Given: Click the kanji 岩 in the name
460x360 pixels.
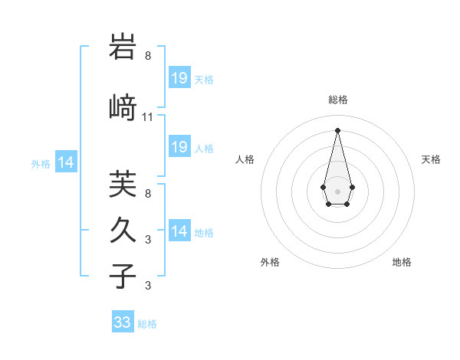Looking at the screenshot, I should tap(123, 47).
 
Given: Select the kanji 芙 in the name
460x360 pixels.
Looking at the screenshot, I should tap(123, 185).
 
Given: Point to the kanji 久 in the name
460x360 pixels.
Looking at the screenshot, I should tap(123, 230).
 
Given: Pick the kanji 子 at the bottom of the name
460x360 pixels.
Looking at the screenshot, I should tap(123, 276).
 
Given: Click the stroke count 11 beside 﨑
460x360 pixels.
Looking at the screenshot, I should tap(148, 117).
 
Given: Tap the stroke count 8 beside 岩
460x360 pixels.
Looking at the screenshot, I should tap(148, 56).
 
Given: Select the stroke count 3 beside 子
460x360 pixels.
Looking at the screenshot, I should tap(148, 286).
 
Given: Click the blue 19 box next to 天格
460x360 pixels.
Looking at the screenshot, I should tap(179, 78).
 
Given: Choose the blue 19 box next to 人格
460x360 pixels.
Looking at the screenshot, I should tap(179, 147).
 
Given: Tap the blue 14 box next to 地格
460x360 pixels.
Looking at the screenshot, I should tap(179, 231).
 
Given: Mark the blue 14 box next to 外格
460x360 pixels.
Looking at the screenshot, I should tap(66, 162).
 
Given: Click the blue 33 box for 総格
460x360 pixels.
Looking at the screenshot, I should tap(123, 322).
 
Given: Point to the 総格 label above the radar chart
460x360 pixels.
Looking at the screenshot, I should tap(337, 100).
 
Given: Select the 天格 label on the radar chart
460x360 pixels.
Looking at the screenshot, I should tap(431, 159).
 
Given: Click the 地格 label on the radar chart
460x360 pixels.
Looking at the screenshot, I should tap(402, 262).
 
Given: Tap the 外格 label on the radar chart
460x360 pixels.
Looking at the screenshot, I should tap(270, 262).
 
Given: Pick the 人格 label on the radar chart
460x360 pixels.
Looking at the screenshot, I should tap(245, 159).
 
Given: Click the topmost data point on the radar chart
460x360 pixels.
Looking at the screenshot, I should tap(337, 129).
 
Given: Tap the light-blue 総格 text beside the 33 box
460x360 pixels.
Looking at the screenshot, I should tap(147, 324).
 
